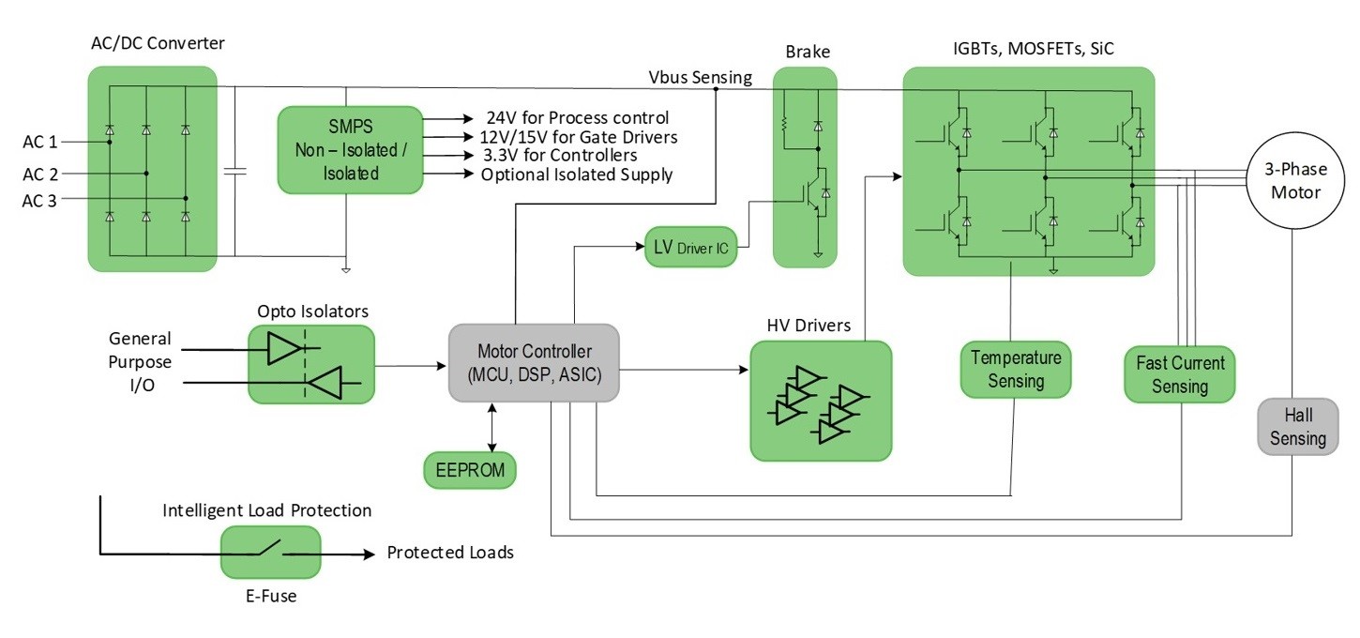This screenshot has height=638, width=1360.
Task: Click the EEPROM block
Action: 471,470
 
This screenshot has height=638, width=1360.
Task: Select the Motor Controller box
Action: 534,363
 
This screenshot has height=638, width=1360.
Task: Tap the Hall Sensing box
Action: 1298,427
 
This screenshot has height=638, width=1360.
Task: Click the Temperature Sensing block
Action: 1016,369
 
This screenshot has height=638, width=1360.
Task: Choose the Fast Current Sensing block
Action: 1180,373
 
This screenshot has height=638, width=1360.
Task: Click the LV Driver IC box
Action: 692,247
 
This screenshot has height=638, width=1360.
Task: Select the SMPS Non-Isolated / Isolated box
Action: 350,150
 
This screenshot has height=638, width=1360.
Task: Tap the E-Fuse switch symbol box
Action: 270,552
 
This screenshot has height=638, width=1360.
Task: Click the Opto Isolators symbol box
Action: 310,365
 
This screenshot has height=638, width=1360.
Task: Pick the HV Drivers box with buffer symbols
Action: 821,401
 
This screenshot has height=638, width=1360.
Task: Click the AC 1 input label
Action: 40,143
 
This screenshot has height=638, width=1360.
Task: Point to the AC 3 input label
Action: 40,198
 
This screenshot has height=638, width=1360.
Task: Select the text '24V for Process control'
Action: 577,118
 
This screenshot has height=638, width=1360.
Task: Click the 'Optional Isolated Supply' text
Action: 577,175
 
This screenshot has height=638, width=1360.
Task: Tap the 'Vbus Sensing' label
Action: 700,77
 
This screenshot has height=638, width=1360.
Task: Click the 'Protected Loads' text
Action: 450,553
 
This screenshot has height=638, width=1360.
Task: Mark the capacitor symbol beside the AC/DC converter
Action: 235,172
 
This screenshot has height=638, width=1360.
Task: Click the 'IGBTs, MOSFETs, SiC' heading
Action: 1027,49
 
